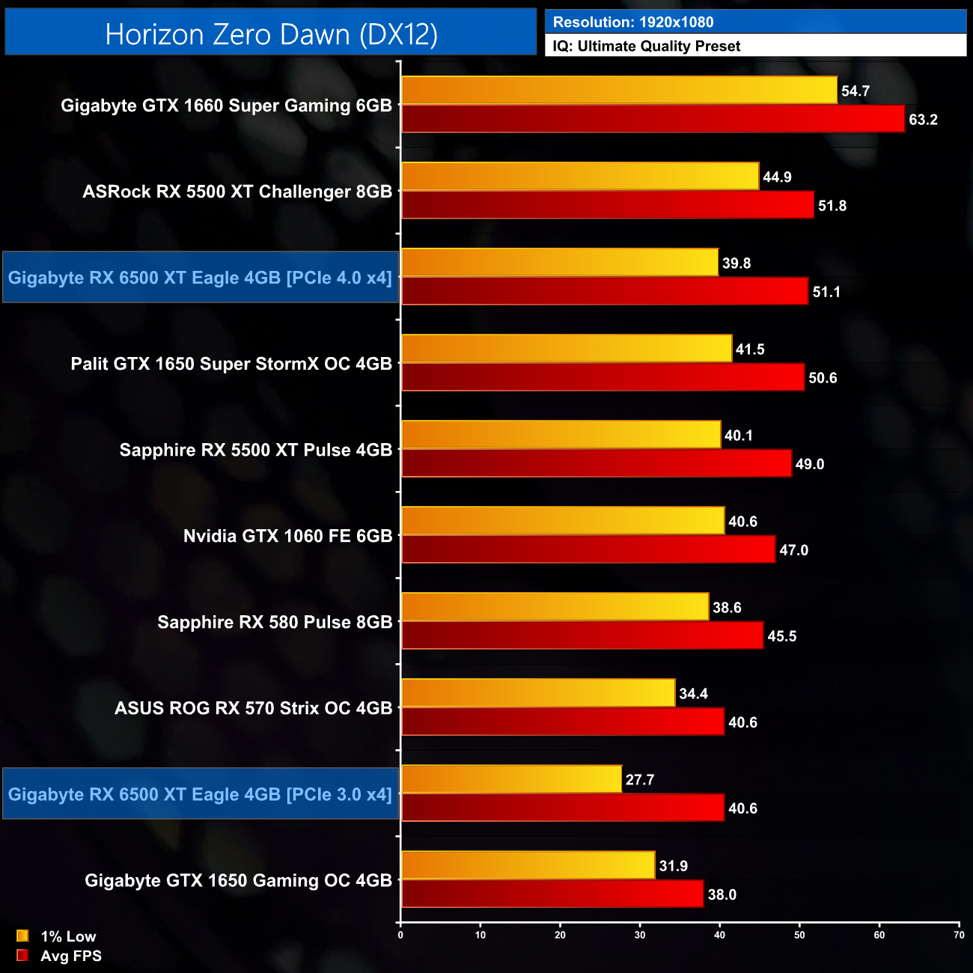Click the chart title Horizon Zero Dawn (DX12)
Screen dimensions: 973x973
[271, 34]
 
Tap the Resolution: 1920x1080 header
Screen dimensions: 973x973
[633, 22]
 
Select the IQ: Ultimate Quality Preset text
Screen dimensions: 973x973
[647, 46]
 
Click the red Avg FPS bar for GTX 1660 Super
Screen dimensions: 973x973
[653, 119]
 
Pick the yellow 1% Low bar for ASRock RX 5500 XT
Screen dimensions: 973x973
[580, 177]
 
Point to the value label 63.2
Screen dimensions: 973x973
[923, 120]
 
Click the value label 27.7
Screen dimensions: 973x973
[640, 780]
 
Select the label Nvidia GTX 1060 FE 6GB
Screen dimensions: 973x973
[287, 536]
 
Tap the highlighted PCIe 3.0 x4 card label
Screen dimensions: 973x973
[200, 794]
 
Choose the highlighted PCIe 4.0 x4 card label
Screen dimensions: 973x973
[200, 278]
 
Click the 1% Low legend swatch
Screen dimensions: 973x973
[22, 936]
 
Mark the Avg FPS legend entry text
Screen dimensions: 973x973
[71, 956]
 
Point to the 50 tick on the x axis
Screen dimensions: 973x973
[799, 935]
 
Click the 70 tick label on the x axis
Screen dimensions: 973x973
[959, 935]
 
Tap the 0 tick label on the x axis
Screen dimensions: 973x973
[400, 935]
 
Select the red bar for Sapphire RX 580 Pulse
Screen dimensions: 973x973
[582, 635]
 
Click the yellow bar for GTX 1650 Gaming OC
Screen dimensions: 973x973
[528, 865]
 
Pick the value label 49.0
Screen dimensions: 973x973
[810, 464]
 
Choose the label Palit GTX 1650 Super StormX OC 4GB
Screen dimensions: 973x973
[231, 364]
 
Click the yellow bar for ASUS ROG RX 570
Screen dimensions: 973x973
[538, 693]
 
